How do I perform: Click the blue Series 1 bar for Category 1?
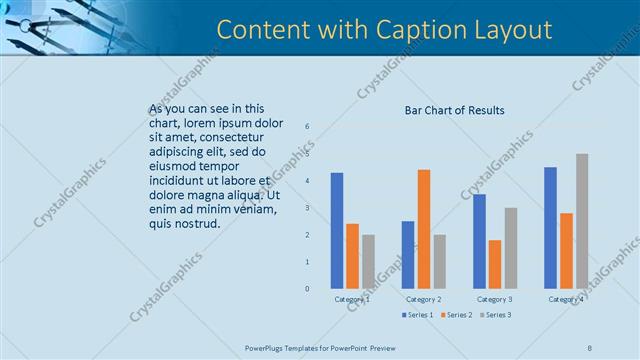pyautogui.click(x=337, y=231)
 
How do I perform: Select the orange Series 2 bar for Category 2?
pyautogui.click(x=424, y=229)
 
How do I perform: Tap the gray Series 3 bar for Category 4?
pyautogui.click(x=582, y=221)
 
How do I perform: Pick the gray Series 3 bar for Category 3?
pyautogui.click(x=510, y=248)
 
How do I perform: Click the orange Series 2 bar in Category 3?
pyautogui.click(x=495, y=264)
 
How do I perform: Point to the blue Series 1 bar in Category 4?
pyautogui.click(x=551, y=228)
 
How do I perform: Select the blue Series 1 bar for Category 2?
pyautogui.click(x=408, y=255)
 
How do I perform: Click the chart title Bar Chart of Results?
pyautogui.click(x=454, y=110)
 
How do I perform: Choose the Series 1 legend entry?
pyautogui.click(x=417, y=315)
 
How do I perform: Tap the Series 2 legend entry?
pyautogui.click(x=457, y=315)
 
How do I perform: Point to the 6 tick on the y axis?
pyautogui.click(x=307, y=126)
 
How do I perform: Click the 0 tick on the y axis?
pyautogui.click(x=307, y=289)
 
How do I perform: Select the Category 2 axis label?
pyautogui.click(x=423, y=299)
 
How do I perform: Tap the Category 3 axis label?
pyautogui.click(x=495, y=299)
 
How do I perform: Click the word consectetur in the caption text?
pyautogui.click(x=230, y=136)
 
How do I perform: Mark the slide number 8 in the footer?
pyautogui.click(x=590, y=347)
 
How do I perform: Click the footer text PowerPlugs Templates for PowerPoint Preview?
pyautogui.click(x=320, y=347)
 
